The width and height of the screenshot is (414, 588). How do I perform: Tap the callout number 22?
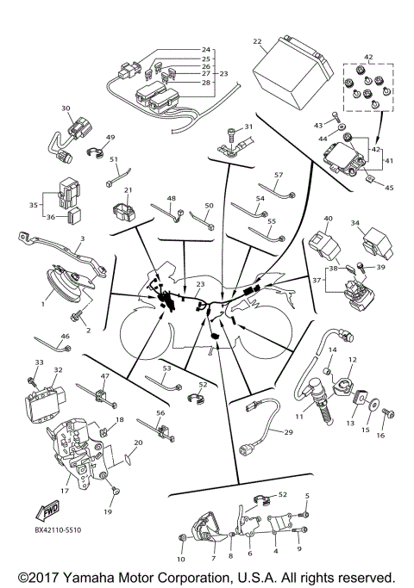tap(257, 41)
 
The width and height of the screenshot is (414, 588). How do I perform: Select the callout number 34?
tap(355, 223)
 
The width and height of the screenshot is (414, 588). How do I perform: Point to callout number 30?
tap(66, 108)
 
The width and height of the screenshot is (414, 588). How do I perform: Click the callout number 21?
tap(128, 190)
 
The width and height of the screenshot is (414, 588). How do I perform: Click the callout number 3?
tap(81, 238)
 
